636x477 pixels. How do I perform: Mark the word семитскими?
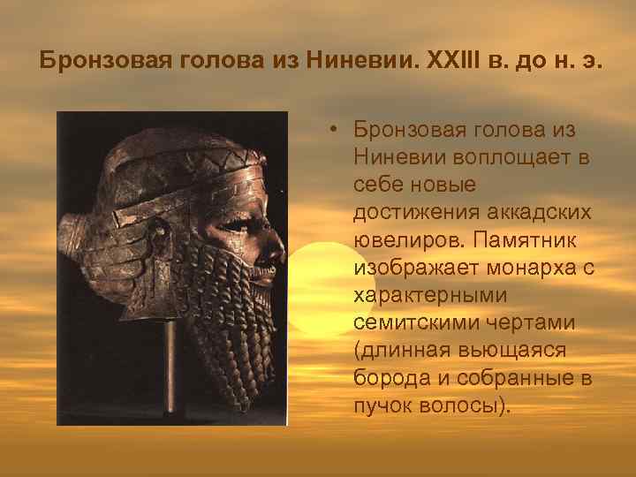coord(409,325)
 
